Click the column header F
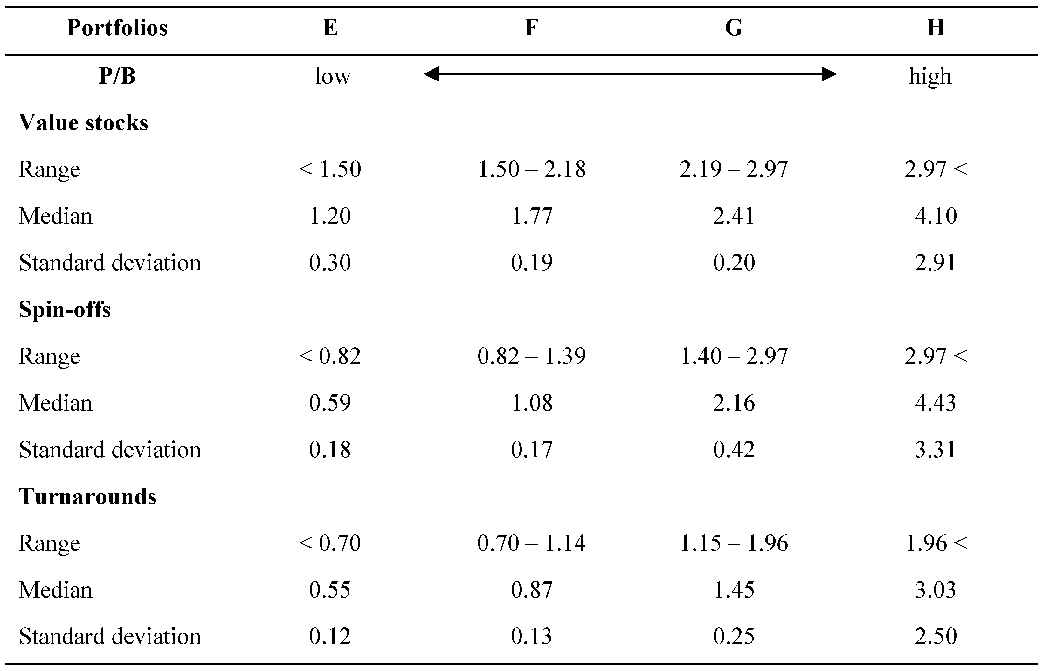click(532, 28)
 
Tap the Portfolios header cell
click(117, 28)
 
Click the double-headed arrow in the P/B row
click(630, 74)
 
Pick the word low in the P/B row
click(332, 76)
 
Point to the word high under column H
click(930, 76)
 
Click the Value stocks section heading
click(83, 122)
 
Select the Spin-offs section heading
click(65, 309)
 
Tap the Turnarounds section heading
click(87, 496)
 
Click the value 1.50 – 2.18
click(532, 169)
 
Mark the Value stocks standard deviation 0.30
click(330, 262)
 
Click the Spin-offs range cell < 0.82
click(330, 356)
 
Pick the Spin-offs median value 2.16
click(734, 403)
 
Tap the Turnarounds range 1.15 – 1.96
click(734, 543)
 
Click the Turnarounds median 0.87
click(532, 590)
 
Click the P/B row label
click(117, 76)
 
